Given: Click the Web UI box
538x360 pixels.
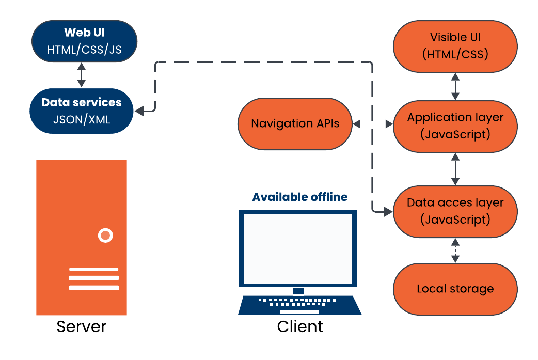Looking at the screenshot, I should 84,41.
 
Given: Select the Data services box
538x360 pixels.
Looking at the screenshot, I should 81,111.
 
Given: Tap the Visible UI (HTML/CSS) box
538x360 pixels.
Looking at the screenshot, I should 455,46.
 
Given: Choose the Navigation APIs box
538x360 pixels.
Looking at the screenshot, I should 295,124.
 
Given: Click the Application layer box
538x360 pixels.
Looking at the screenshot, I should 455,126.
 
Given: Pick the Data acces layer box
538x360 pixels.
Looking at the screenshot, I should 455,211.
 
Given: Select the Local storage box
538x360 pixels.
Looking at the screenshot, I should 455,289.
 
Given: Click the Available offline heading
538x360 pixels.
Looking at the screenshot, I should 299,197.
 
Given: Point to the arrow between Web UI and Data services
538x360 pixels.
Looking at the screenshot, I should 81,75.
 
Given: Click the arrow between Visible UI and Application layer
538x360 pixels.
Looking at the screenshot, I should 455,86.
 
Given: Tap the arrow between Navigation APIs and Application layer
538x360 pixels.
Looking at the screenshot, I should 373,124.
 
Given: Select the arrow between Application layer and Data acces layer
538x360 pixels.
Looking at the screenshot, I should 455,168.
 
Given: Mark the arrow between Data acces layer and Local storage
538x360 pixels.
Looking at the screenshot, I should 455,251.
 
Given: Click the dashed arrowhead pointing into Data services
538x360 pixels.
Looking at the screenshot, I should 140,110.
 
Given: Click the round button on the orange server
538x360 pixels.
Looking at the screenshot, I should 105,236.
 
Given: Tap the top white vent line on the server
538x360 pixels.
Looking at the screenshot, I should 93,269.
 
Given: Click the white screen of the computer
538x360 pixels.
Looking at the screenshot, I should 297,248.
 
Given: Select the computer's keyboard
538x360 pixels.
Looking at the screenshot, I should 299,305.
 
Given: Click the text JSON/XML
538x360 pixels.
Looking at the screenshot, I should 81,119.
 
